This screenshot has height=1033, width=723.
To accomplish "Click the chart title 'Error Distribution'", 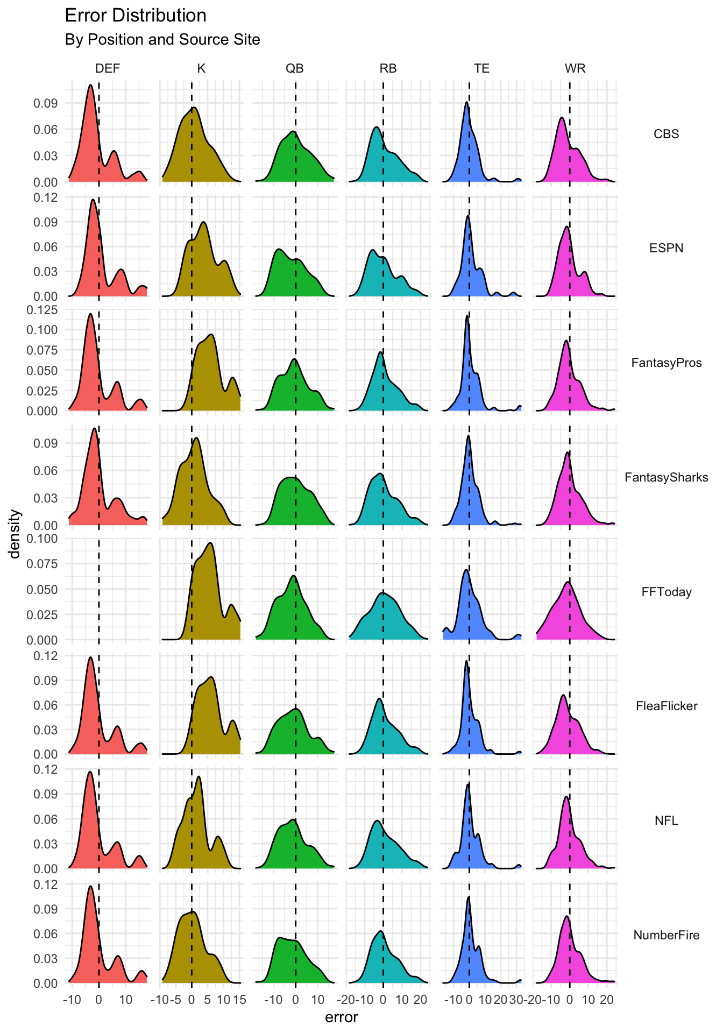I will click(x=136, y=16).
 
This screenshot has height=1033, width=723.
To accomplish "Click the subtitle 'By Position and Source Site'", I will click(x=162, y=40).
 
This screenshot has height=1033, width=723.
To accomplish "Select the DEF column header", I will click(x=108, y=68).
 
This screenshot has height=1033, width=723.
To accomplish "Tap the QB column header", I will click(x=295, y=68).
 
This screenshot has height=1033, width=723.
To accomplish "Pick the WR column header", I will click(x=575, y=68).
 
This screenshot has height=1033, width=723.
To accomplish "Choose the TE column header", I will click(x=481, y=68).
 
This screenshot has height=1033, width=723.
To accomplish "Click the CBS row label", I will click(x=666, y=134).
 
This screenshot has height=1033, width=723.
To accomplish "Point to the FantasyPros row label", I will click(x=666, y=363).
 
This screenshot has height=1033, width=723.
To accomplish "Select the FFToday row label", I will click(x=666, y=592).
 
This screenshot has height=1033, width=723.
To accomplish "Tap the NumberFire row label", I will click(x=666, y=935).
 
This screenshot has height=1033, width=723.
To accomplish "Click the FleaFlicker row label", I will click(x=666, y=706).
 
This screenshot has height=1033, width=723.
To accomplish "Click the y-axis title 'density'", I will click(x=16, y=534).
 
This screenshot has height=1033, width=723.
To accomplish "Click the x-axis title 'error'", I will click(x=342, y=1017).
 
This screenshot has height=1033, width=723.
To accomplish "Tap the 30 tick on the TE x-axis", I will click(x=516, y=1000).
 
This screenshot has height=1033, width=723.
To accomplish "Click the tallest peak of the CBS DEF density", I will click(x=90, y=84).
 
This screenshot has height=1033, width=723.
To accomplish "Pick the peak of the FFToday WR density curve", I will click(x=568, y=582).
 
